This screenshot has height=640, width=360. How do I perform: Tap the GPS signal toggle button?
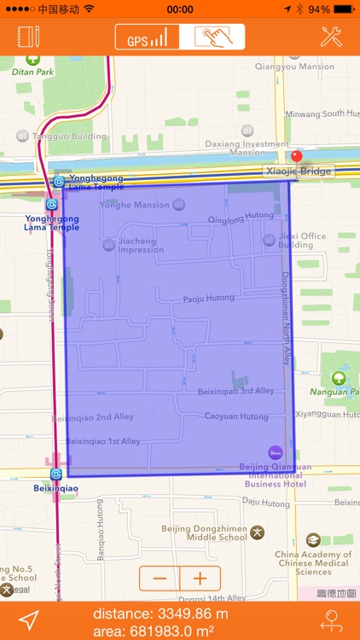[148, 38]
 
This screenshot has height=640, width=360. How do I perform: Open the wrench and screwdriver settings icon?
[331, 38]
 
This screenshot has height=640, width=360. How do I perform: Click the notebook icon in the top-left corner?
[29, 38]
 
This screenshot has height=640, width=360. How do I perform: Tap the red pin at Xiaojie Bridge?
[297, 157]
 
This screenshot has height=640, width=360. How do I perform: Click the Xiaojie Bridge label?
[299, 171]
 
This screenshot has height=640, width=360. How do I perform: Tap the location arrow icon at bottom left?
[29, 620]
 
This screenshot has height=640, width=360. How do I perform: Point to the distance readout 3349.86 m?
[160, 614]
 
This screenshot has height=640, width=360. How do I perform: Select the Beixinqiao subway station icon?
[56, 474]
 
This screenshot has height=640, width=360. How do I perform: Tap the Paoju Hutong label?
[208, 299]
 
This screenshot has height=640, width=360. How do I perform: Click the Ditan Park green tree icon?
[32, 60]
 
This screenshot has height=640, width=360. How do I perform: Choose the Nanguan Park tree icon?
[339, 376]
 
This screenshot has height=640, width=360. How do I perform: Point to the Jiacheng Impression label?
[141, 245]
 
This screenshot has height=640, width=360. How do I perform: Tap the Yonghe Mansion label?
[135, 205]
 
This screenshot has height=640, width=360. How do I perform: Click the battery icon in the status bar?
[343, 9]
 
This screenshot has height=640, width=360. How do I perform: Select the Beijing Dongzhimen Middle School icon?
[257, 532]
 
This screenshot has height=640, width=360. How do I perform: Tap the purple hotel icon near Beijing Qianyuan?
[275, 452]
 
